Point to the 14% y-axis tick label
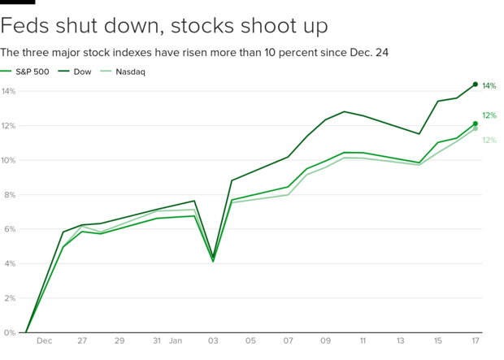coord(8,91)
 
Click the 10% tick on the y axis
coord(8,160)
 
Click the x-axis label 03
coord(213,342)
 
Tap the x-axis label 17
coord(475,342)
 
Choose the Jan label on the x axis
coord(175,342)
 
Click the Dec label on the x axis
coord(45,342)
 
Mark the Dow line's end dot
coord(476,84)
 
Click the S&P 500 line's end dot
coord(476,124)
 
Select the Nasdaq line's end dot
coord(476,128)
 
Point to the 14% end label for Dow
coord(489,86)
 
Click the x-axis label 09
coord(326,342)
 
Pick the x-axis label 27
coord(82,342)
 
